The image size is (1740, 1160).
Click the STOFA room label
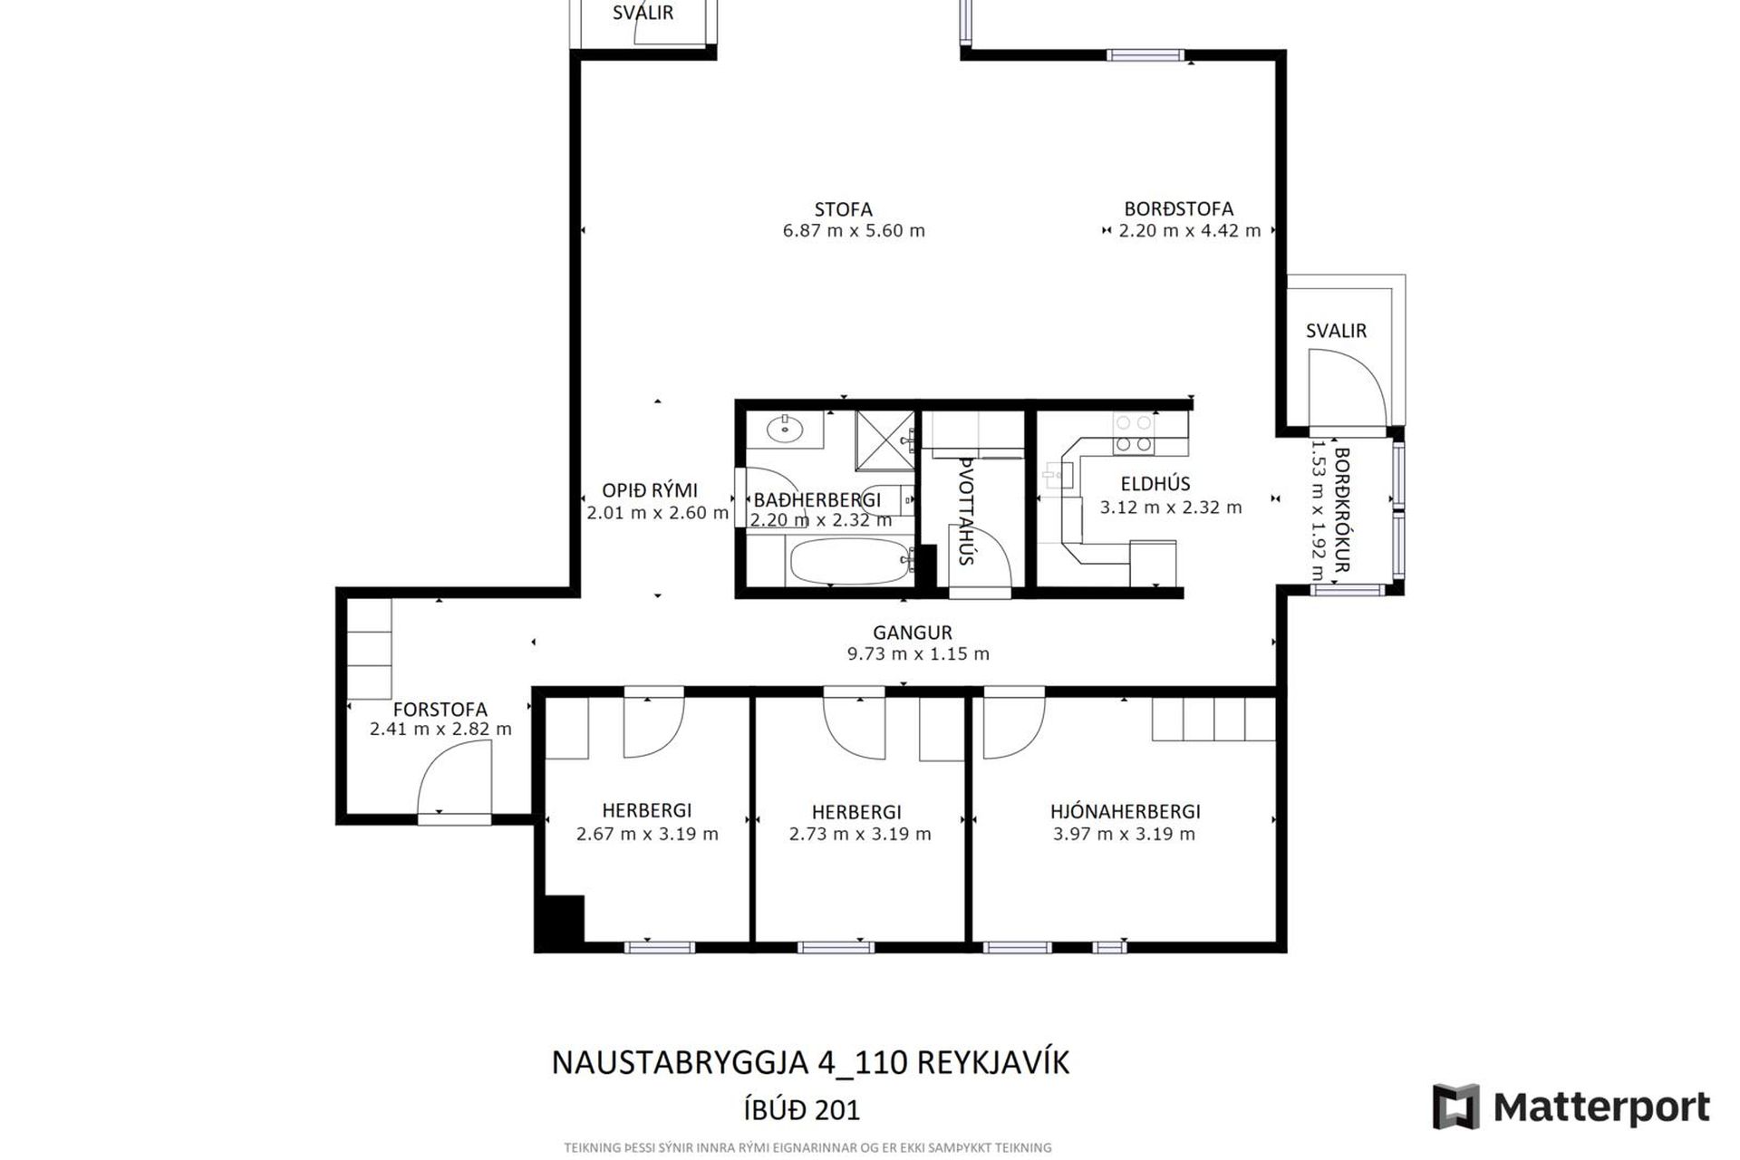tap(843, 209)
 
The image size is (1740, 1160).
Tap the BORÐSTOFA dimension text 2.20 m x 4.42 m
tap(1189, 231)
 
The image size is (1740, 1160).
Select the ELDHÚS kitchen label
tap(1155, 484)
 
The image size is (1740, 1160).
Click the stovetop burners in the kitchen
tap(1134, 433)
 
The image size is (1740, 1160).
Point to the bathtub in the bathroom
tap(849, 562)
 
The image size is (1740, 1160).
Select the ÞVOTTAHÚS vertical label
tap(966, 512)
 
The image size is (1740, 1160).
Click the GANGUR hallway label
tap(913, 633)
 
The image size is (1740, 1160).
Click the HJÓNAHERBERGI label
tap(1126, 812)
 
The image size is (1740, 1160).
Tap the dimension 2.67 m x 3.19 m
tap(647, 834)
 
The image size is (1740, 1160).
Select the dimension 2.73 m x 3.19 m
tap(860, 834)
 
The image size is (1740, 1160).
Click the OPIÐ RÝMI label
tap(650, 490)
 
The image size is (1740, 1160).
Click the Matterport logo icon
tap(1455, 1107)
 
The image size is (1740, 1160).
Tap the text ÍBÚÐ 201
tap(801, 1110)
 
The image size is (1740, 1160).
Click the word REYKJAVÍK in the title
tap(993, 1062)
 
